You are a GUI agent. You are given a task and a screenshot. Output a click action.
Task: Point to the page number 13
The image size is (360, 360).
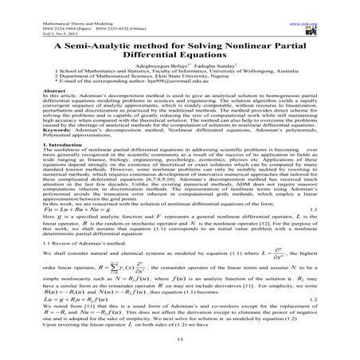(x=180, y=339)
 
